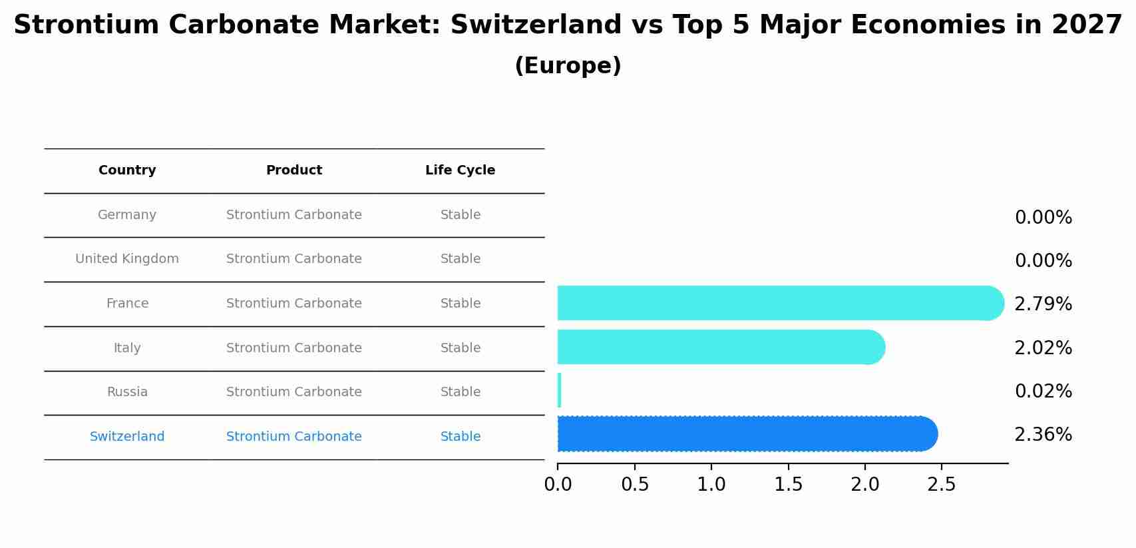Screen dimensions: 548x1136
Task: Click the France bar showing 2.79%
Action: click(779, 303)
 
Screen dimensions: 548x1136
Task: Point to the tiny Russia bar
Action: click(559, 390)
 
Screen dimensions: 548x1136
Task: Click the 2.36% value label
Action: click(1043, 435)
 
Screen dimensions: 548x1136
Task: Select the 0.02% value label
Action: click(1043, 392)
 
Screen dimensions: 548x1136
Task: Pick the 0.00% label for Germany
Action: click(1043, 218)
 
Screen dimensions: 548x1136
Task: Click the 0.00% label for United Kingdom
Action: click(1043, 261)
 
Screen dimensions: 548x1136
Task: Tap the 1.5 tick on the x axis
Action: click(788, 485)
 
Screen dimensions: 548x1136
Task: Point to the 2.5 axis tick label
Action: click(941, 485)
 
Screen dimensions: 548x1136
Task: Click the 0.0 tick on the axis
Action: click(558, 485)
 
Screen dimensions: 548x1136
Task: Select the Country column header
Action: click(127, 170)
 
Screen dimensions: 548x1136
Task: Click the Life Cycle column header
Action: click(460, 170)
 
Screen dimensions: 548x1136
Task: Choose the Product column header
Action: click(293, 170)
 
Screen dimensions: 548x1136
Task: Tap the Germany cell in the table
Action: click(127, 215)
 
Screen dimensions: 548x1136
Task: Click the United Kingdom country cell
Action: click(127, 259)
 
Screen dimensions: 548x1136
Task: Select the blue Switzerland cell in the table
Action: click(127, 437)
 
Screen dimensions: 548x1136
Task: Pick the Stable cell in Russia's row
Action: click(460, 392)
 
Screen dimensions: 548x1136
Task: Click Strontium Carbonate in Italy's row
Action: click(293, 348)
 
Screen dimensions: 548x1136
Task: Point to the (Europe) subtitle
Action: click(568, 66)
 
